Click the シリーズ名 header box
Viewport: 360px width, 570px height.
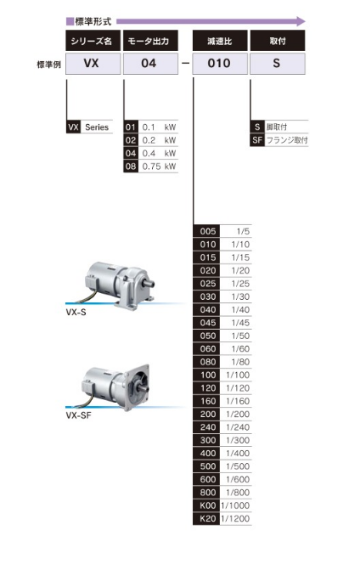click(93, 41)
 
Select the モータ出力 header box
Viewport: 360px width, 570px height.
click(150, 41)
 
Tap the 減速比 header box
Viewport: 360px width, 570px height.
click(220, 41)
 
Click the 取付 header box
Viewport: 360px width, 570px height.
click(278, 41)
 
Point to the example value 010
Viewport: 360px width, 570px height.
click(219, 63)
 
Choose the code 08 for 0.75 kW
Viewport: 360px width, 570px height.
click(131, 166)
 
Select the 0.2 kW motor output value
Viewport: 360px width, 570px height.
click(159, 140)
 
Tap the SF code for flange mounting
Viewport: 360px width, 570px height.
click(257, 140)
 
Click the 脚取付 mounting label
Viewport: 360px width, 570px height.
click(277, 127)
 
